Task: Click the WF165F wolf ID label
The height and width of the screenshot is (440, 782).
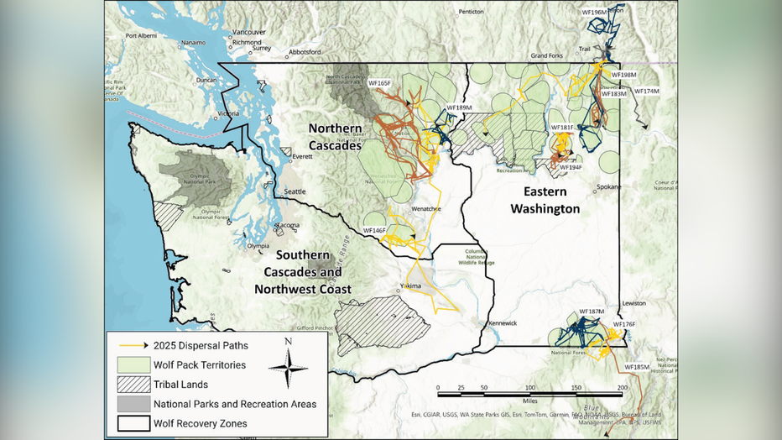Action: point(378,83)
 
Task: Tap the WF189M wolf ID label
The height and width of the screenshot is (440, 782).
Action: point(459,107)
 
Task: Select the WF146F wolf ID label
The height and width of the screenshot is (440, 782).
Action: point(374,229)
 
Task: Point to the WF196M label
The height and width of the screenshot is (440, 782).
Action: point(594,13)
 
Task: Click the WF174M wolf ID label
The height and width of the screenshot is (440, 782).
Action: point(646,91)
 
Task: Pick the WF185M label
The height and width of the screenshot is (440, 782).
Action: point(637,367)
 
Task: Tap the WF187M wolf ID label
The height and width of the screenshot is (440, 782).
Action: point(591,312)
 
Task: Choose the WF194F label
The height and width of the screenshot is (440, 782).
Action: point(571,167)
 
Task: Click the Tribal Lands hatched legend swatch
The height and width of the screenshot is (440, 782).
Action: point(128,385)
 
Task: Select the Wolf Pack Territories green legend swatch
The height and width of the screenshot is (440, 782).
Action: point(128,365)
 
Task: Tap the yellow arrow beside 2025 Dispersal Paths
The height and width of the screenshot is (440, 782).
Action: point(128,345)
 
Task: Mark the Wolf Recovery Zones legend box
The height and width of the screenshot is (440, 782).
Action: point(128,423)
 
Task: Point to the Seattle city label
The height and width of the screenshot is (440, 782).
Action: point(295,191)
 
